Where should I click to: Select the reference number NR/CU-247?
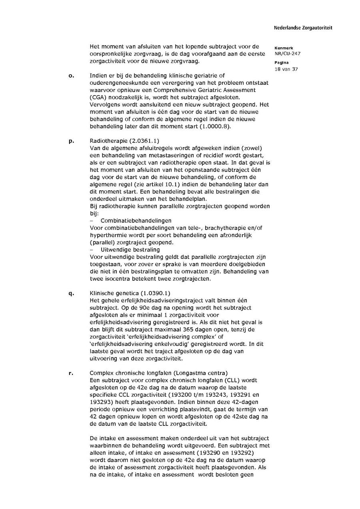pyautogui.click(x=288, y=54)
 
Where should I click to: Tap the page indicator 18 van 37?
pyautogui.click(x=286, y=69)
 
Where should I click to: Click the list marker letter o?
pyautogui.click(x=71, y=76)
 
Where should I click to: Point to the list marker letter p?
pyautogui.click(x=71, y=141)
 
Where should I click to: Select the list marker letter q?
pyautogui.click(x=71, y=293)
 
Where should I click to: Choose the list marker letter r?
pyautogui.click(x=71, y=373)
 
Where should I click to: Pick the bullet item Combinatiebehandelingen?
pyautogui.click(x=136, y=221)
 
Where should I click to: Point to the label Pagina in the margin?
pyautogui.click(x=282, y=63)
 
